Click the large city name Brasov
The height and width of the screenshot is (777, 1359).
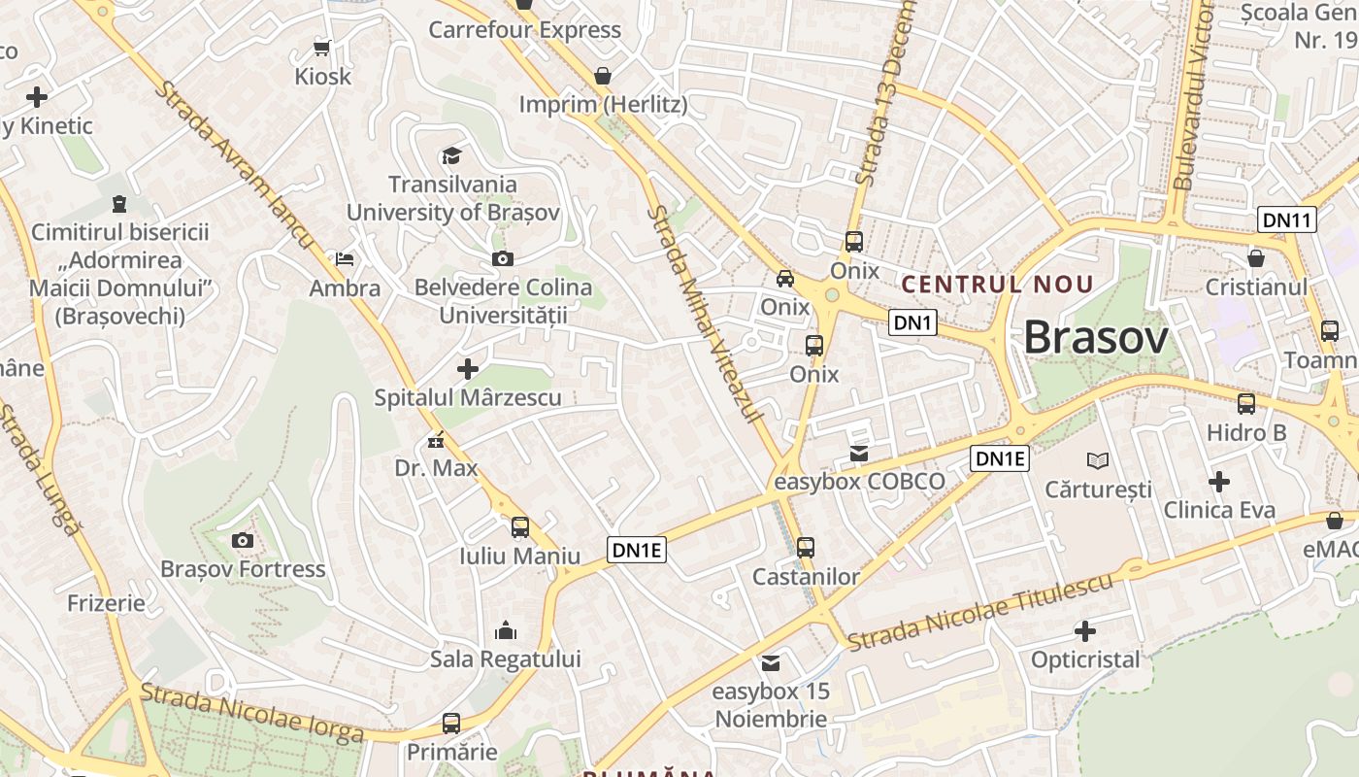click(1096, 338)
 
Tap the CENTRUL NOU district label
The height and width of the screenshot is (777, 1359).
click(998, 285)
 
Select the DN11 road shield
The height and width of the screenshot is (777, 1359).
click(1287, 220)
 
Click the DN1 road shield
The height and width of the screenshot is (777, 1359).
click(912, 322)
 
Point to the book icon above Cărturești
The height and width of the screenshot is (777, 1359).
click(1098, 460)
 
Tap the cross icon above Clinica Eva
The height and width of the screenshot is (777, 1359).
click(1219, 481)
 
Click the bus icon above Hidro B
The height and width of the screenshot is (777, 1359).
click(1246, 404)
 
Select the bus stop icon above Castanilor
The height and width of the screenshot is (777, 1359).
click(806, 548)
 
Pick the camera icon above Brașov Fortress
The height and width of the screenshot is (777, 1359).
click(243, 540)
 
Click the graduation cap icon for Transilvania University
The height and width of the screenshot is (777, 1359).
click(451, 155)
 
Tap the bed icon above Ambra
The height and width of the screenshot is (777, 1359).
click(345, 259)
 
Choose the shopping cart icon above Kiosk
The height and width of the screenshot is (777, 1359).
click(322, 48)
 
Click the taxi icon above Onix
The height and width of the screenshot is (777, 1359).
click(785, 279)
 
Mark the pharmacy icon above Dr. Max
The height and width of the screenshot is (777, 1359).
click(436, 440)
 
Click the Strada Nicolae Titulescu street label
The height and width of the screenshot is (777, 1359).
click(980, 613)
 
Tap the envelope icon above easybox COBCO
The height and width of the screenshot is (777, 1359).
click(859, 453)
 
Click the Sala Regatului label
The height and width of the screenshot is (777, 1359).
click(506, 659)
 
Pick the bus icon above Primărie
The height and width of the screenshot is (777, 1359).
click(451, 724)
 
